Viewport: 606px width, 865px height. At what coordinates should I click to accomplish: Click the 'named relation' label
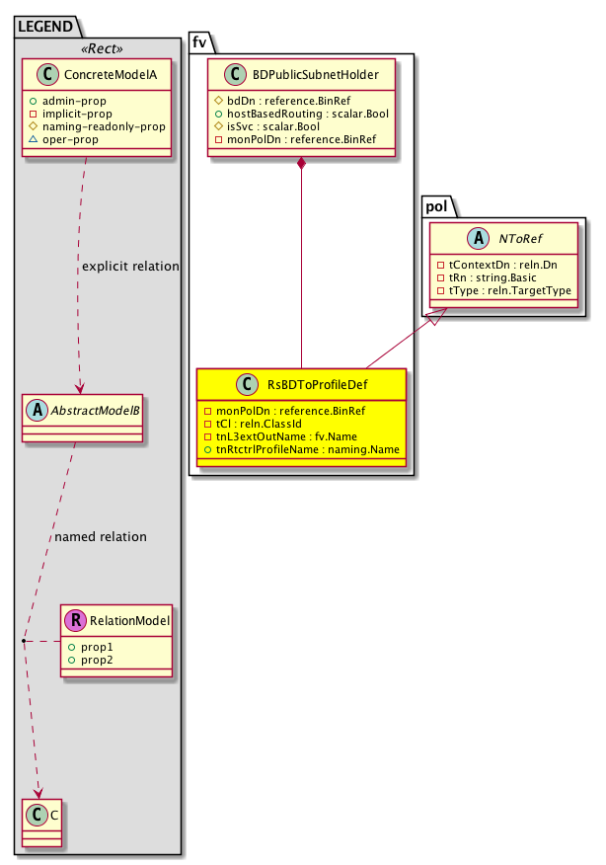(x=101, y=537)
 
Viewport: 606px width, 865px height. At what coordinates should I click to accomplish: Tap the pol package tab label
(x=437, y=205)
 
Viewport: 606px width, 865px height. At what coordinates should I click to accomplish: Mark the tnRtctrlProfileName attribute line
(x=300, y=449)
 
